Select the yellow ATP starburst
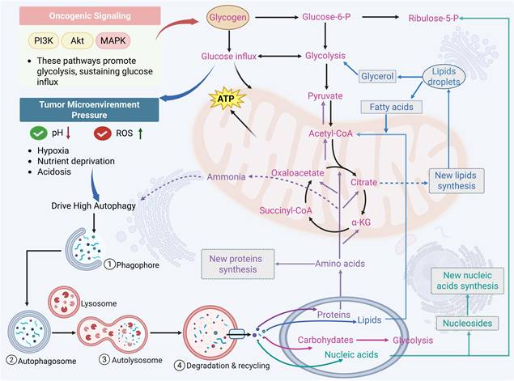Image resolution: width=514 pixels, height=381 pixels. click(225, 99)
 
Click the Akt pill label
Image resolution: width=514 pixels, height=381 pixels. click(79, 40)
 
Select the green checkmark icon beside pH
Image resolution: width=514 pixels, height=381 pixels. click(36, 133)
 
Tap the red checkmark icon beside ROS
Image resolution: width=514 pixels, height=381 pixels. click(102, 133)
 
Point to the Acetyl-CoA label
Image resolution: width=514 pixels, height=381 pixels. click(330, 133)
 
